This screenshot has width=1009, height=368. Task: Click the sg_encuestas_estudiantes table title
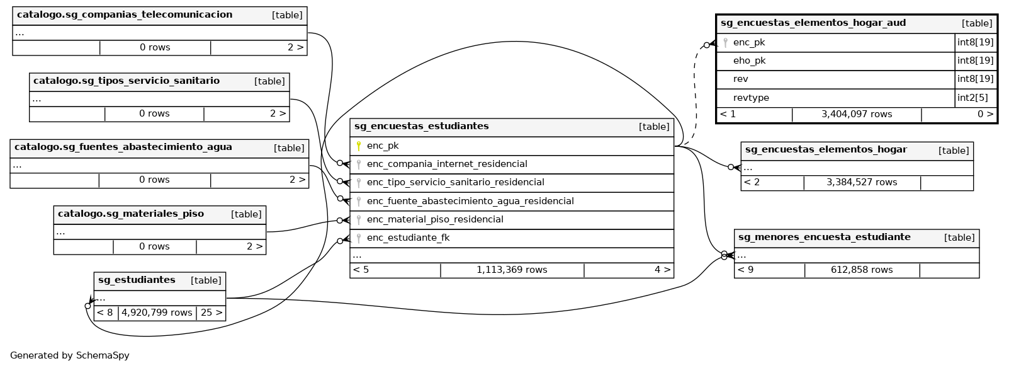421,126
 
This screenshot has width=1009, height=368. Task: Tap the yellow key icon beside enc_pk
359,146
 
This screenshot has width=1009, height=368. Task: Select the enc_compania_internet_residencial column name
447,164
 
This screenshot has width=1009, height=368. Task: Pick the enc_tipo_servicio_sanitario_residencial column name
455,182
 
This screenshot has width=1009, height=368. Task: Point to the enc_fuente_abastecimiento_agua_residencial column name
470,201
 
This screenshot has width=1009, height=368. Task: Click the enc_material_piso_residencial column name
435,219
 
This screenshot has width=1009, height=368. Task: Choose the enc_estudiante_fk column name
408,238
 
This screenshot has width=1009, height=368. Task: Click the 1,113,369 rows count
512,270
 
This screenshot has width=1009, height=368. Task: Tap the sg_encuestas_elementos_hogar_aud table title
813,23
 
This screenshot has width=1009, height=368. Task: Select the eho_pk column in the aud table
749,60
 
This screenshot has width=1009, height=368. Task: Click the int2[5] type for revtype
972,98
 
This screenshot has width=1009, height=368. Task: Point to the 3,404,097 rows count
856,114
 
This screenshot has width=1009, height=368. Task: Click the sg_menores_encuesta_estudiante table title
824,237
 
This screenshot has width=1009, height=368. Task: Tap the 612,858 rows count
861,270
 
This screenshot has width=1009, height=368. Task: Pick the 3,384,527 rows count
861,182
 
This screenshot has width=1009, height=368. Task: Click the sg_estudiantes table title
137,280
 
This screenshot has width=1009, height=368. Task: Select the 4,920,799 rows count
157,313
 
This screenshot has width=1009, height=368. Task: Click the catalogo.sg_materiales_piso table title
131,214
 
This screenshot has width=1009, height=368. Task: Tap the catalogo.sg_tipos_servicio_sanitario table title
127,81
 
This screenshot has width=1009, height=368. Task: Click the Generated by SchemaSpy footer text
70,355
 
